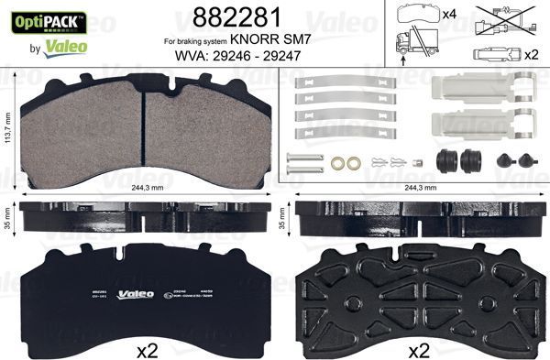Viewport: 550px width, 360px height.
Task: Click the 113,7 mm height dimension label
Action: [x=7, y=129]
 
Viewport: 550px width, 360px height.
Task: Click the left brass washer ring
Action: [x=338, y=165]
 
